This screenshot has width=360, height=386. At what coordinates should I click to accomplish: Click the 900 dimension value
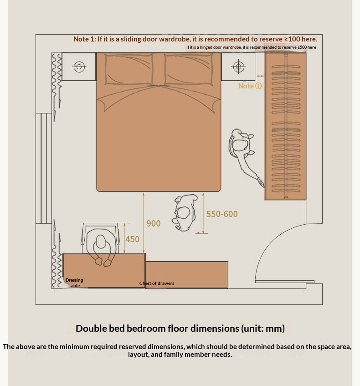(154, 223)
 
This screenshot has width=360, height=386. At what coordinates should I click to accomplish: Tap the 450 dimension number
(133, 239)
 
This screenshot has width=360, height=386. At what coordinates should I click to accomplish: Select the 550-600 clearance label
(222, 214)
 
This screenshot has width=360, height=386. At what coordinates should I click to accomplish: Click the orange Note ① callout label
(250, 86)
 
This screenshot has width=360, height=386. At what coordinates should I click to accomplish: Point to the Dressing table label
(74, 283)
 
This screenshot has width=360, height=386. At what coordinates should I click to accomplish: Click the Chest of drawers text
(157, 283)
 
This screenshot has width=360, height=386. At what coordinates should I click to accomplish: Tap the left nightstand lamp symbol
(79, 67)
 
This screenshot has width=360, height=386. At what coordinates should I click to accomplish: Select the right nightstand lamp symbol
(238, 67)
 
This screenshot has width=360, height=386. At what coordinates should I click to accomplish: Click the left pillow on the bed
(129, 69)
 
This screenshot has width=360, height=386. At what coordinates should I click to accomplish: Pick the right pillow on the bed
(189, 70)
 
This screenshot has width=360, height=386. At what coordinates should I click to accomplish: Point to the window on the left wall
(44, 168)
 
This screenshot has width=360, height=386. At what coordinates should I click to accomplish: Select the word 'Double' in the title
(91, 329)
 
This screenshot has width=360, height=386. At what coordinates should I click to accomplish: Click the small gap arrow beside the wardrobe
(260, 76)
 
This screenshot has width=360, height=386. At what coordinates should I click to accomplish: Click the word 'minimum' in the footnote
(74, 347)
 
